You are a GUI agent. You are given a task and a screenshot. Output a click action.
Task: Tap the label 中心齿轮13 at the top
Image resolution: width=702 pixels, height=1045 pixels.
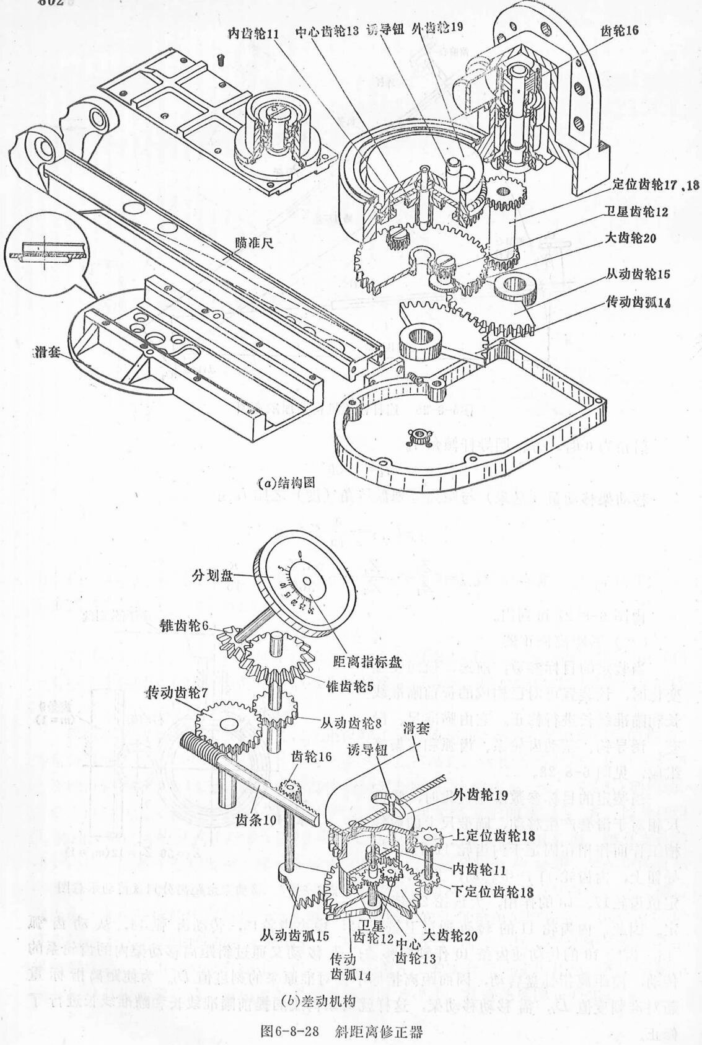click(x=327, y=31)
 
